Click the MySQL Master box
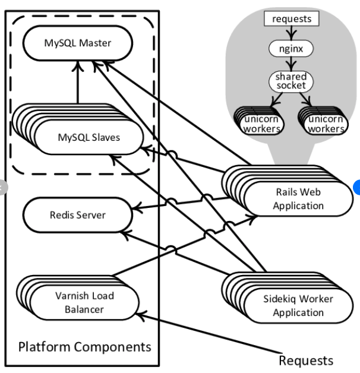pyautogui.click(x=78, y=43)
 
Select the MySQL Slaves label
pyautogui.click(x=89, y=137)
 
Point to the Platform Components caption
pyautogui.click(x=84, y=346)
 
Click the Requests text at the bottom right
pyautogui.click(x=306, y=360)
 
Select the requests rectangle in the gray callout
pyautogui.click(x=291, y=19)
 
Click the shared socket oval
pyautogui.click(x=290, y=81)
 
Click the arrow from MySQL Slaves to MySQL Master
pyautogui.click(x=77, y=83)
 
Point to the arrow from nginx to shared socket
pyautogui.click(x=291, y=63)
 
